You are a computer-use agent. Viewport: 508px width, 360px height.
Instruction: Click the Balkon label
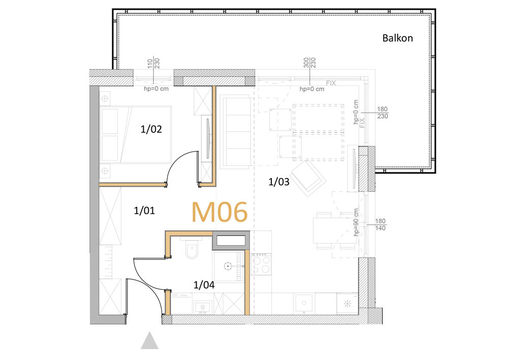click(398, 38)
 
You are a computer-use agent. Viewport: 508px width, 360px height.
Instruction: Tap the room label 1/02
click(151, 129)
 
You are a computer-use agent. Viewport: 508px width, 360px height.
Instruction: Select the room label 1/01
click(144, 211)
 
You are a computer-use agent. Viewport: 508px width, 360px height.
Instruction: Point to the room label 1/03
click(278, 182)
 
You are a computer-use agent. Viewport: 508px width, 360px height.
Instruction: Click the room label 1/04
click(204, 285)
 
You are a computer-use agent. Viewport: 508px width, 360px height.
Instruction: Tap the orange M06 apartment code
click(219, 212)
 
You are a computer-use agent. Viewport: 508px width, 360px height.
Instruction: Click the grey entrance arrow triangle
click(149, 340)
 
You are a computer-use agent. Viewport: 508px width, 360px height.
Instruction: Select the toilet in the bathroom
click(192, 249)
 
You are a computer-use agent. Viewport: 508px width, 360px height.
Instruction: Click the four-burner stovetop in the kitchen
click(261, 264)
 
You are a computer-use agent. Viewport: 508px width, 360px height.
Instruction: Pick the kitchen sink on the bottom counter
click(304, 303)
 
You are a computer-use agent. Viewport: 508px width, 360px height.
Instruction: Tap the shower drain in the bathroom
click(228, 266)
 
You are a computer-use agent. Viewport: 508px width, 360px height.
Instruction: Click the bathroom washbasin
click(203, 307)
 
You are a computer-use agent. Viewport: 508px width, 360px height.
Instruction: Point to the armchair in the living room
click(308, 178)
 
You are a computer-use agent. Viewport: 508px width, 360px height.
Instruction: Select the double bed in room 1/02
click(136, 134)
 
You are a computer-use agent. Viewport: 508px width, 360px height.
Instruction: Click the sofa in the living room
click(235, 132)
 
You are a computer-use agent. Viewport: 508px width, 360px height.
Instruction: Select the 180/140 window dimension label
click(380, 225)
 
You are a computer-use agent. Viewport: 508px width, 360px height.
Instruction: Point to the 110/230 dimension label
click(153, 64)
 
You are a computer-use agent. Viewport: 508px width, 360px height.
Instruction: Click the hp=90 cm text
click(357, 222)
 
